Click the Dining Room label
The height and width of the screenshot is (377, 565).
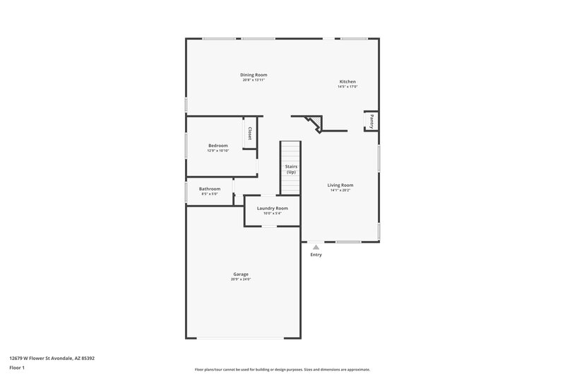click(x=254, y=74)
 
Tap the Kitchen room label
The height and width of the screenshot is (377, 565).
click(x=347, y=81)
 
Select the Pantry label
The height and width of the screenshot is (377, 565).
click(x=371, y=121)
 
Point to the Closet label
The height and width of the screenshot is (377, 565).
click(x=249, y=134)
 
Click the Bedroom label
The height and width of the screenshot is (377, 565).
click(x=218, y=145)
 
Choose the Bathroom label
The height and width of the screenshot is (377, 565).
click(x=210, y=189)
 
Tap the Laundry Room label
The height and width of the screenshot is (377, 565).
click(x=272, y=208)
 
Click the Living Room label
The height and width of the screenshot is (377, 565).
click(x=340, y=185)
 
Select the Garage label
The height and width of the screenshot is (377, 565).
click(x=241, y=274)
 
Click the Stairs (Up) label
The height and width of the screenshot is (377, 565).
click(x=290, y=170)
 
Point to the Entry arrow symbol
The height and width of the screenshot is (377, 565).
click(x=316, y=247)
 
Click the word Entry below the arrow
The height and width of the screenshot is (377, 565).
click(x=316, y=255)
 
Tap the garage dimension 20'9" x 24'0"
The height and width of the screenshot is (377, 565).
click(x=241, y=279)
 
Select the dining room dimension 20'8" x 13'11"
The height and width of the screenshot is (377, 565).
click(x=254, y=80)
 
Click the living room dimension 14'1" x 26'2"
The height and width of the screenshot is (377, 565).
click(x=340, y=190)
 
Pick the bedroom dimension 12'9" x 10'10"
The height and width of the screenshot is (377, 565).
click(x=218, y=151)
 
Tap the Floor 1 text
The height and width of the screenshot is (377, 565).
click(x=17, y=368)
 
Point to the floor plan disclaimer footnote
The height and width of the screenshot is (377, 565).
click(x=282, y=369)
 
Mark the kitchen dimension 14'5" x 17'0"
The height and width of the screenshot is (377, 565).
click(x=347, y=87)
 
